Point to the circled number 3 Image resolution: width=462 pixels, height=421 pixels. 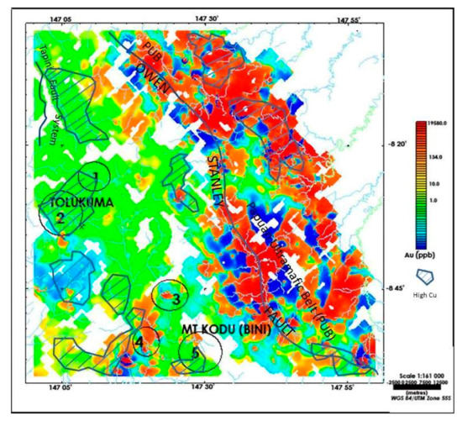coord(176,297)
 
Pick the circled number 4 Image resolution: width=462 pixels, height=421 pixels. coord(139,342)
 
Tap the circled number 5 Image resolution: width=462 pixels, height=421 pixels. coord(195,354)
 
